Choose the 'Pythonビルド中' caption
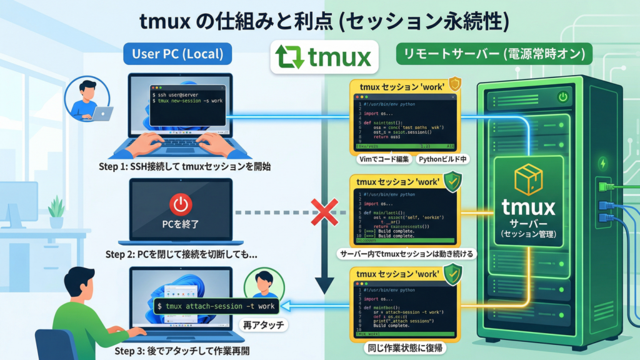[x=443, y=159]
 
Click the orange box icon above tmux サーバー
[x=524, y=181]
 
